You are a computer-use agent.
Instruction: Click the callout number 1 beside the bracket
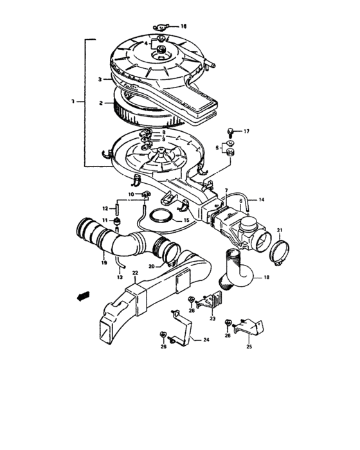(73, 102)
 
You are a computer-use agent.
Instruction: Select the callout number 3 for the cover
(100, 80)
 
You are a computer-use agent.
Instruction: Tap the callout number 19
(104, 262)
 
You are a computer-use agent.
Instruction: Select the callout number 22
(135, 273)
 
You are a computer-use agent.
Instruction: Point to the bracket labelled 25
(249, 327)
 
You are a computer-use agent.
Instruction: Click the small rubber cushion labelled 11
(118, 222)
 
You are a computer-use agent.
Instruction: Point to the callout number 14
(261, 199)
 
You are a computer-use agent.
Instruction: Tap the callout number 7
(226, 190)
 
